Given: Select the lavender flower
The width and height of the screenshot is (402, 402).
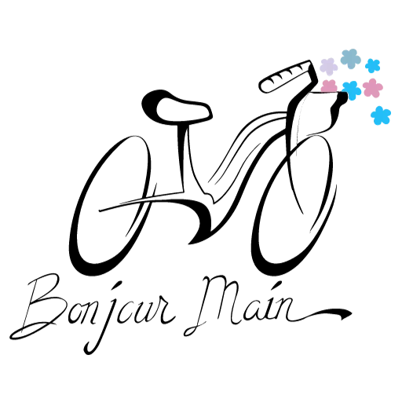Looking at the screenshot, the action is (x=329, y=66).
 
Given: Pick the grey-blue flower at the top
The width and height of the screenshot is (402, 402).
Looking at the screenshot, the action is (x=351, y=59).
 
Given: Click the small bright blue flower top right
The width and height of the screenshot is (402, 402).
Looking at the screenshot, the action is (x=372, y=65).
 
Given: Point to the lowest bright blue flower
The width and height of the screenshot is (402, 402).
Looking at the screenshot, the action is (x=381, y=115).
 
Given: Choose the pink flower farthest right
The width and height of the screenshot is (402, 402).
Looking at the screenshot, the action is (x=373, y=87).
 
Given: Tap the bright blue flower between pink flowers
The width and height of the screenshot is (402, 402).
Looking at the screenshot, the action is (x=352, y=90).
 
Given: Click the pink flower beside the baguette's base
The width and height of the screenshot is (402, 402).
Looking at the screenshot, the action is (x=329, y=86).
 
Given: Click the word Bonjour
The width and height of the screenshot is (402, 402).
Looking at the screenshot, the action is (x=93, y=312).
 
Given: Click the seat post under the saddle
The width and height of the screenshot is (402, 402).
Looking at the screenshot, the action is (x=183, y=157).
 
